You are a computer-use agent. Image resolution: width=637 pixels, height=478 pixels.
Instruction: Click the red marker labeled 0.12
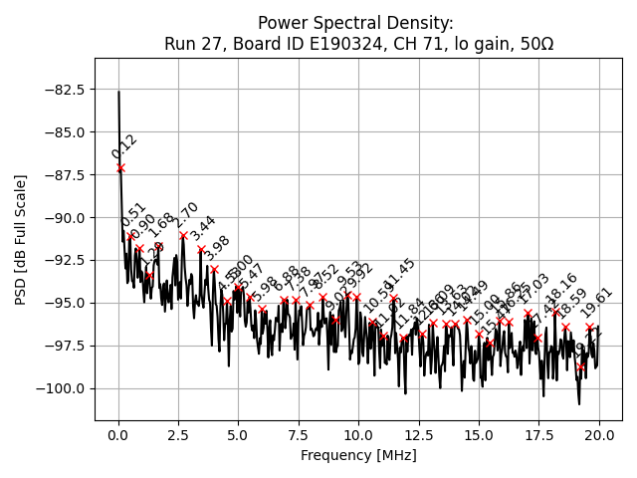pos(120,168)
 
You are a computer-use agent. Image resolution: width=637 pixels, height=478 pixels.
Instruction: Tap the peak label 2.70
pos(187,217)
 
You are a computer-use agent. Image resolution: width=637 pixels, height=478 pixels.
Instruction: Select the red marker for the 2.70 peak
pos(183,236)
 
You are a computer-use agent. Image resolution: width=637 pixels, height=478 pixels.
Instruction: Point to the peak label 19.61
pos(597,302)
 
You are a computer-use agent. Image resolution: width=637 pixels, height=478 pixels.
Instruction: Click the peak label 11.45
pos(399,273)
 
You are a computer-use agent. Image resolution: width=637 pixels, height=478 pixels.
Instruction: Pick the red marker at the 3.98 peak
pos(214,269)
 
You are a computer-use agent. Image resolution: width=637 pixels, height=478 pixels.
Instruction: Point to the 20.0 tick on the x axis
pos(599,435)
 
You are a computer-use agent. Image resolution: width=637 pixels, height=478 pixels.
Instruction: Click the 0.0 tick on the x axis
pos(118,435)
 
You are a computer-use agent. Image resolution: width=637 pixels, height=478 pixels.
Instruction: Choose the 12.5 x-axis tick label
pos(419,435)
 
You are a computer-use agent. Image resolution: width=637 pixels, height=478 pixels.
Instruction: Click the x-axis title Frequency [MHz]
pos(358,455)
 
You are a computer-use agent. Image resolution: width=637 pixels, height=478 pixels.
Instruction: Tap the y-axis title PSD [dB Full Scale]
pos(21,239)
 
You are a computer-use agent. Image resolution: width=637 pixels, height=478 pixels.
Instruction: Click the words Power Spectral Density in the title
pos(354,22)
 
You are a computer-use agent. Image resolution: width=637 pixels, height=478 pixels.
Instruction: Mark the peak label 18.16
pos(562,288)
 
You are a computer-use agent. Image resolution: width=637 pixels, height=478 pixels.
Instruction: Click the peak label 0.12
pos(124,147)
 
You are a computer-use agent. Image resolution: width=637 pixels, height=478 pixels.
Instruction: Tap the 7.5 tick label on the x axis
pos(299,435)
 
